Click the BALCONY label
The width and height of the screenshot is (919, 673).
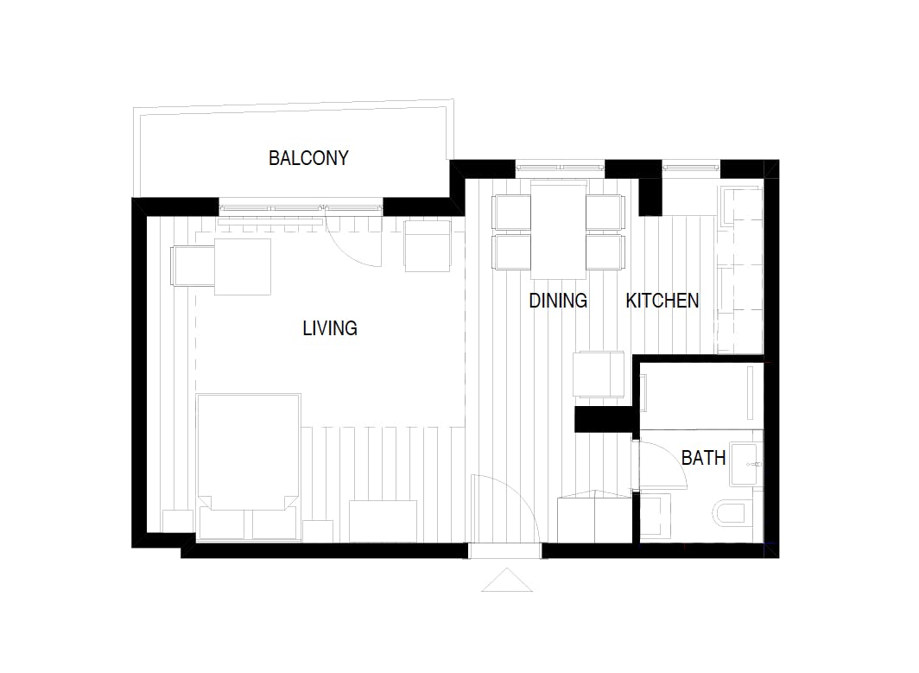point(308,158)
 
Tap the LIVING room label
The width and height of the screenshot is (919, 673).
point(330,327)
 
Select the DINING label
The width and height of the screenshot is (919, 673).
point(558,300)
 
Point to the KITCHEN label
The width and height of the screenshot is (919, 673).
point(662,300)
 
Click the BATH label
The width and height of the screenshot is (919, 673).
point(703,457)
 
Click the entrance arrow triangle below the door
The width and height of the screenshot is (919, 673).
point(507,580)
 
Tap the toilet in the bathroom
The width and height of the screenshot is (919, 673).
point(731,514)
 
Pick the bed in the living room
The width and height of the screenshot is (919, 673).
point(249,466)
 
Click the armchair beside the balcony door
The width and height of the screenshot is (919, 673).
point(428,245)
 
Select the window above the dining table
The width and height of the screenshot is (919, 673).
point(560,168)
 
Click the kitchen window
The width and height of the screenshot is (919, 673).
point(691,168)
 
